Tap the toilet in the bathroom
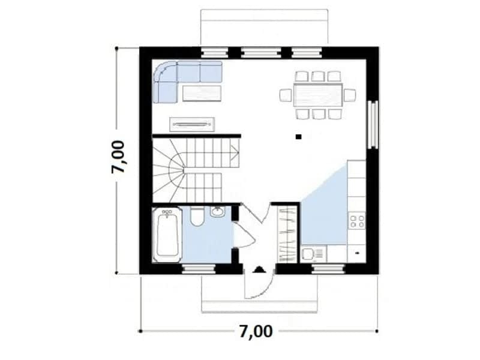196,217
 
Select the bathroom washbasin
217,212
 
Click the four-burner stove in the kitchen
357,221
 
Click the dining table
318,95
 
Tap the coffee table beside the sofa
202,94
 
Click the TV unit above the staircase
192,124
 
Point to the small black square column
298,137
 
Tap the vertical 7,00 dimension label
118,157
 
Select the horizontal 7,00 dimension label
256,331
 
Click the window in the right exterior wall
373,124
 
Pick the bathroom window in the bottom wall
199,269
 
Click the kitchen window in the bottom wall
329,269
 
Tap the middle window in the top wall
261,52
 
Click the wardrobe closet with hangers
287,235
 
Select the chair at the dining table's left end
286,95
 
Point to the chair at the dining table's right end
350,95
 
